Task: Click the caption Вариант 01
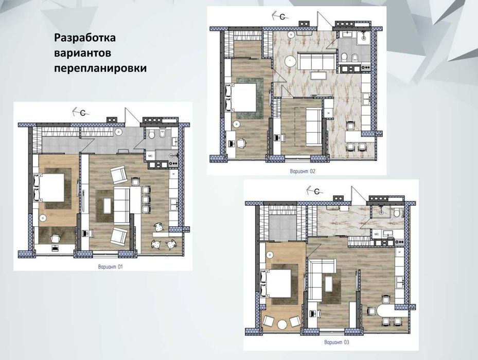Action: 111,267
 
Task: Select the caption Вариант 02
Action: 303,172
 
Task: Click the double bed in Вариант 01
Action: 50,188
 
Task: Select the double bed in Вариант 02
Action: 243,97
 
